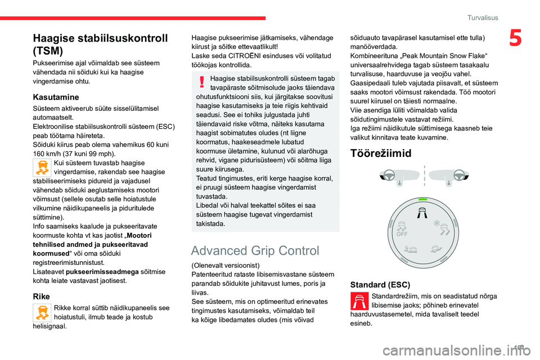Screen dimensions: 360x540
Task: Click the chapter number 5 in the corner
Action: (515, 39)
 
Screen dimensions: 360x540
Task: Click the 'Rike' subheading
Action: (41, 296)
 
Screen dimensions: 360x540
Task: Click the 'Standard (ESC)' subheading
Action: (380, 285)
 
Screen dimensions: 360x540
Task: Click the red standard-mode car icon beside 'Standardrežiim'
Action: (359, 301)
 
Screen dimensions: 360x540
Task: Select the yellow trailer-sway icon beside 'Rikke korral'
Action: (42, 312)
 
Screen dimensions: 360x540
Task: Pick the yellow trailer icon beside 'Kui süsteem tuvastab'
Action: (42, 168)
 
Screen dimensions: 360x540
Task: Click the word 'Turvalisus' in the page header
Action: (482, 17)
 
